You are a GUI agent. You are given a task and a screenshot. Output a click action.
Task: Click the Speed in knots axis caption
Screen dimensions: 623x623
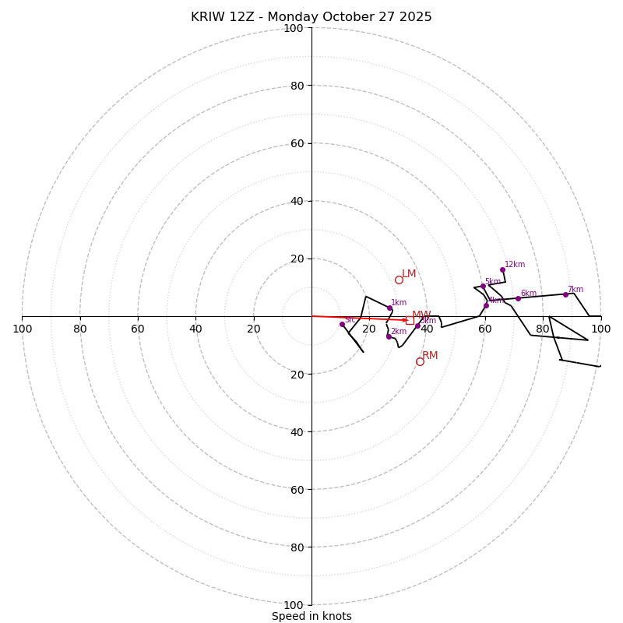coord(311,616)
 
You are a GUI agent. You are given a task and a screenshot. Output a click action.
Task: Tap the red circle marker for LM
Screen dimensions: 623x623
coord(399,280)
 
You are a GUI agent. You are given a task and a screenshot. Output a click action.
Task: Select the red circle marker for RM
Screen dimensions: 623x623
coord(420,361)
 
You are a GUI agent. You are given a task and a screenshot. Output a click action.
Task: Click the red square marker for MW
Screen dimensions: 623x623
coord(410,320)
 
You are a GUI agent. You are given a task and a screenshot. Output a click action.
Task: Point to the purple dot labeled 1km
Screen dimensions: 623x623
coord(389,308)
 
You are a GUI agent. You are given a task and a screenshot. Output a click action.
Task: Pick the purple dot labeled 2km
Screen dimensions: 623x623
coord(389,336)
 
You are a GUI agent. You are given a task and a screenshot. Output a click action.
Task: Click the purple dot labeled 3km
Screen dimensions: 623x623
coord(417,326)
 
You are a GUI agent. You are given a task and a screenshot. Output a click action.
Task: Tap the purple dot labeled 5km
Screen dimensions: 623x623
coord(483,286)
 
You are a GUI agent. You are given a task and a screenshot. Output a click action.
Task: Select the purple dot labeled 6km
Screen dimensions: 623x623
coord(518,298)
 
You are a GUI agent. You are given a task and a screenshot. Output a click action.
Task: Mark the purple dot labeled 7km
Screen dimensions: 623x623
coord(565,294)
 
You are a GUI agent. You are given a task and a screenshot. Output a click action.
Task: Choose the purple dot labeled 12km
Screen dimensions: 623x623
coord(502,269)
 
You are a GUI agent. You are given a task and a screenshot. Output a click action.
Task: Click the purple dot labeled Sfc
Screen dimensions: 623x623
coord(342,324)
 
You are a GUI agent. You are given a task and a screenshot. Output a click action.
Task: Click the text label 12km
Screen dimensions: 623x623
coord(515,265)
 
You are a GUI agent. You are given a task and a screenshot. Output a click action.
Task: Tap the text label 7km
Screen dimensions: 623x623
coord(575,290)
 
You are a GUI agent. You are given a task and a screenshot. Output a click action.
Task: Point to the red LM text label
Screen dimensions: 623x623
coord(409,274)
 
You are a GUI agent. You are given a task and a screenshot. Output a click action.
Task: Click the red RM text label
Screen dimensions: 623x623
coord(430,356)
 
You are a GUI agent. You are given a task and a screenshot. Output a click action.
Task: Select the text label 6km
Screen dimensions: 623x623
coord(529,294)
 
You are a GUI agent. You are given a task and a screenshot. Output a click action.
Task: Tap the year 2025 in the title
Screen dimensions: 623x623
coord(416,17)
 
